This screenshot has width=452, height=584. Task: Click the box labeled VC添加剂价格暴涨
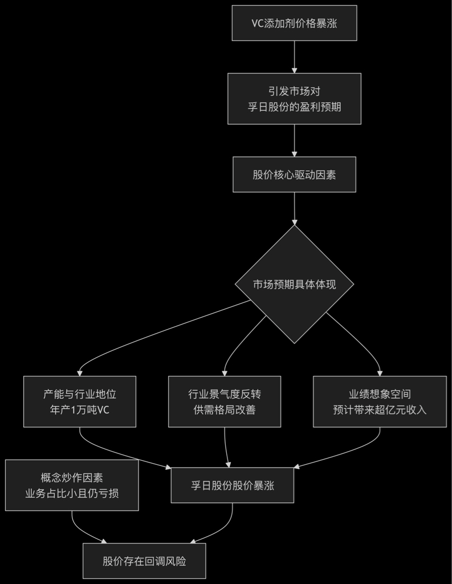[294, 23]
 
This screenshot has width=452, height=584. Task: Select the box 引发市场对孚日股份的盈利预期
[294, 98]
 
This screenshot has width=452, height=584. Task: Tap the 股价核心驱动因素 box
[294, 175]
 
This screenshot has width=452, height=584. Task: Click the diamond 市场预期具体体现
[294, 284]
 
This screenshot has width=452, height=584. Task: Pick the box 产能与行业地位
[80, 401]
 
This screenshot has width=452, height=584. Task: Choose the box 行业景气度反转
[225, 401]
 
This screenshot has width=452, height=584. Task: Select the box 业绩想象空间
[380, 401]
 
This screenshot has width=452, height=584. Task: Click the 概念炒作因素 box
[72, 485]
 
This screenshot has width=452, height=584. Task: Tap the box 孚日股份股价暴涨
[233, 485]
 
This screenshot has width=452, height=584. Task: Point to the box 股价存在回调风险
[144, 561]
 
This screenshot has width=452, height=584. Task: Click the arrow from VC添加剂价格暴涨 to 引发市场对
[294, 56]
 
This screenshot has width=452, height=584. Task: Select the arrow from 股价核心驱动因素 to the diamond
[294, 208]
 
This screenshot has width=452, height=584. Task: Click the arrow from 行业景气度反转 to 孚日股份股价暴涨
[226, 448]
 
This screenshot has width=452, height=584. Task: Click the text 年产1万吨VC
[80, 409]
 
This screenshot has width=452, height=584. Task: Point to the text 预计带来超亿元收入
[380, 409]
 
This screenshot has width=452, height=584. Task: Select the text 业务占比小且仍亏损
[72, 493]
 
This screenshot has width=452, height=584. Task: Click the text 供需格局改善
[225, 409]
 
